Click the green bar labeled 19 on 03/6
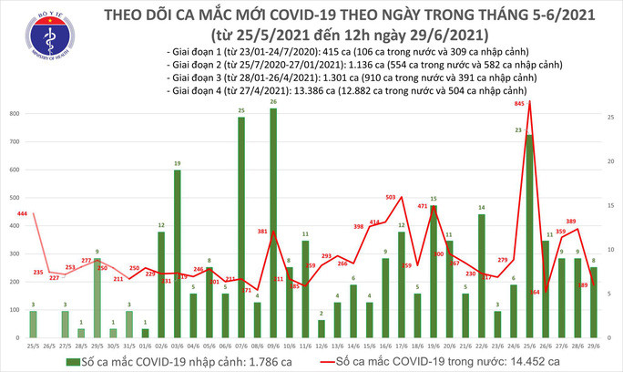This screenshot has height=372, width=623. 178,255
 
